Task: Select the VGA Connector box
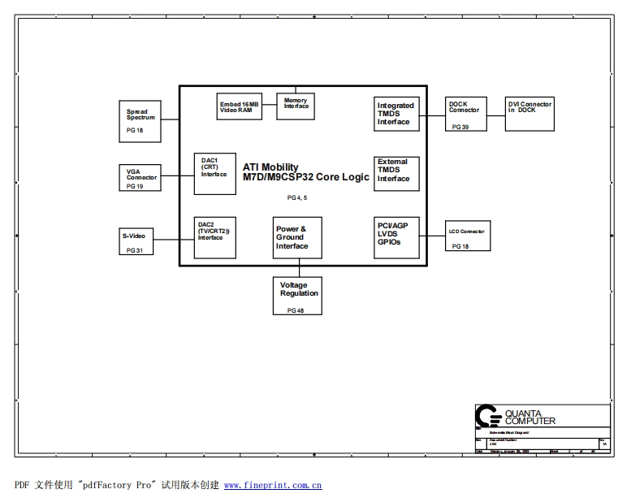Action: pyautogui.click(x=141, y=177)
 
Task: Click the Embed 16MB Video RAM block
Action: pyautogui.click(x=240, y=106)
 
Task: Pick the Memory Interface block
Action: pyautogui.click(x=296, y=106)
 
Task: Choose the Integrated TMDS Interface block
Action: pyautogui.click(x=396, y=113)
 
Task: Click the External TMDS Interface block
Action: pyautogui.click(x=396, y=173)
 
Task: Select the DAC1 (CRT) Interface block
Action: pyautogui.click(x=214, y=173)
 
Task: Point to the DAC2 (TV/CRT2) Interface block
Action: pyautogui.click(x=214, y=236)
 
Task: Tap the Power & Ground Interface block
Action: pyautogui.click(x=297, y=237)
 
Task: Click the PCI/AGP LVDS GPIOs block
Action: pyautogui.click(x=396, y=236)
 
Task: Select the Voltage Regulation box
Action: pyautogui.click(x=298, y=295)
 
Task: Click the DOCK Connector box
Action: pyautogui.click(x=466, y=114)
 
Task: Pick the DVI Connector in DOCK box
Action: pyautogui.click(x=529, y=113)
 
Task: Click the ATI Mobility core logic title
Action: pyautogui.click(x=305, y=172)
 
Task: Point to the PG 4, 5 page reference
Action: pyautogui.click(x=297, y=197)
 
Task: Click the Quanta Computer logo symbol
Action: pyautogui.click(x=488, y=417)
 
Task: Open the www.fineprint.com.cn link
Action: pyautogui.click(x=273, y=485)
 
